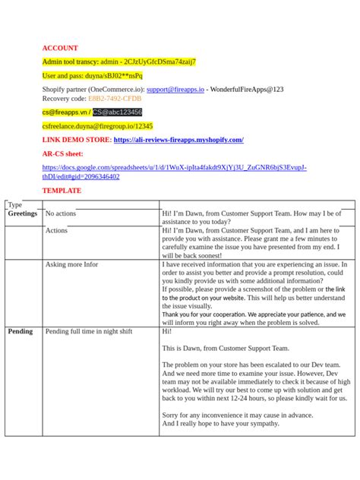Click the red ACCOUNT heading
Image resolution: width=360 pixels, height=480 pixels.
coord(60,48)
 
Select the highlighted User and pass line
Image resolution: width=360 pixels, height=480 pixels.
coord(92,75)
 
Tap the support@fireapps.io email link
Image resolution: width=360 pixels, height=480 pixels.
coord(175,89)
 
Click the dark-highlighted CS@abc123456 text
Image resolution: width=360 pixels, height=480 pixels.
coord(117,112)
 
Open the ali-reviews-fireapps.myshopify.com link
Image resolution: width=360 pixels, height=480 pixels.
coord(178,140)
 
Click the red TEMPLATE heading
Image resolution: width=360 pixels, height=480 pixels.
coord(62,190)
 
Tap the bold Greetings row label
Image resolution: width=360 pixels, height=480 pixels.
coord(22,214)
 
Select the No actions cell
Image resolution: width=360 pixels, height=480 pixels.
coord(61,214)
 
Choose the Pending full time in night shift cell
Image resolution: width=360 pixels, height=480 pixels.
coord(88,331)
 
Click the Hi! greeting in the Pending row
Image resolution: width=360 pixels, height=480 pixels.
coord(167,331)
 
